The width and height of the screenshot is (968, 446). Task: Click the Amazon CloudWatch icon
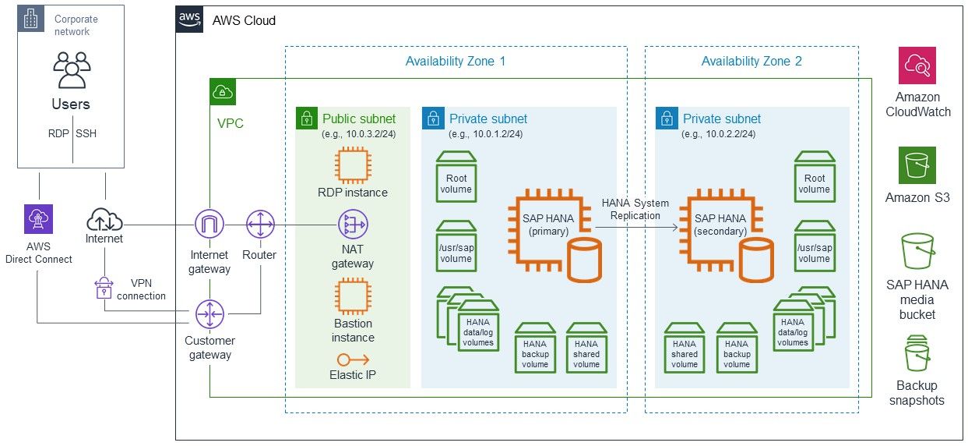pos(917,65)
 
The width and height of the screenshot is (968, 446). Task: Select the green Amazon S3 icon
pos(917,165)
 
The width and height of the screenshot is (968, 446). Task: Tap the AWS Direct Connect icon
pos(38,219)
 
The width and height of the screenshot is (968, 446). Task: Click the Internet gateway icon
pos(209,224)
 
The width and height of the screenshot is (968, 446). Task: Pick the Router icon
pos(260,224)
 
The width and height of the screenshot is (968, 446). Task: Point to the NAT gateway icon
pos(353,224)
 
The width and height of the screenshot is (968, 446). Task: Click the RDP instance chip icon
pos(353,165)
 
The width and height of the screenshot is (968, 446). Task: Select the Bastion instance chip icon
pos(353,296)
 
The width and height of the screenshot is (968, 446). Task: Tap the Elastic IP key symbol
pos(353,359)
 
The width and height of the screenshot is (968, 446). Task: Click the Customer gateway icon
pos(209,314)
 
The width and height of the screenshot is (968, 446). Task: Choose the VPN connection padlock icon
pos(104,288)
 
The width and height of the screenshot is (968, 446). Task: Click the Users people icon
pos(72,69)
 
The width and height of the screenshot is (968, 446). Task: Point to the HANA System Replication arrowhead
pos(675,227)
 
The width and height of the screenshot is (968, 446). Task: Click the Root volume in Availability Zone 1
pos(456,176)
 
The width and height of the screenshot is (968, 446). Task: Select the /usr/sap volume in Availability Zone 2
pos(815,246)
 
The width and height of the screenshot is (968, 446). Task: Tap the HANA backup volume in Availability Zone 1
pos(535,348)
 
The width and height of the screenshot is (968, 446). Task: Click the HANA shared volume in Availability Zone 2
pos(685,348)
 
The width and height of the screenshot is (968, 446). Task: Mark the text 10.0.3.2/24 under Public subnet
pos(371,134)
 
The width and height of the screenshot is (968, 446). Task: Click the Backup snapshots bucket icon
pos(917,353)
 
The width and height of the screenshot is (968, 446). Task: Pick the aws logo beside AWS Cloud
pos(189,19)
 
